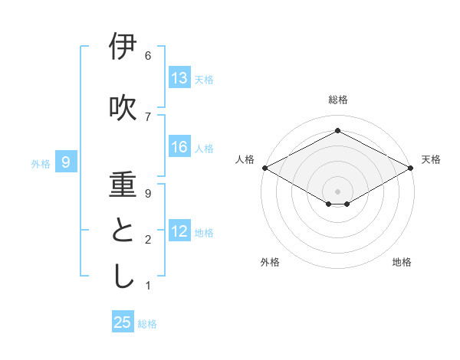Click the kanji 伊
click(123, 47)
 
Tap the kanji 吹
click(123, 108)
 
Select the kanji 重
click(123, 186)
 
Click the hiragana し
click(123, 277)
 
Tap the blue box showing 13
click(179, 78)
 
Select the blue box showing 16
click(179, 147)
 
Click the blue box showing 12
click(179, 232)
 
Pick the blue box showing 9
click(66, 162)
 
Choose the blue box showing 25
click(123, 322)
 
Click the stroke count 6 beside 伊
click(148, 56)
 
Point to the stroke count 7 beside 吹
click(148, 116)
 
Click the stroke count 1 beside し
click(148, 286)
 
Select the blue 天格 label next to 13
click(204, 79)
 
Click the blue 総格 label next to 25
click(147, 324)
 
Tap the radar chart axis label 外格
click(270, 262)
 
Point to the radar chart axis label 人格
click(245, 159)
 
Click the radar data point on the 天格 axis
click(412, 168)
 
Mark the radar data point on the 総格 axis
click(337, 131)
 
